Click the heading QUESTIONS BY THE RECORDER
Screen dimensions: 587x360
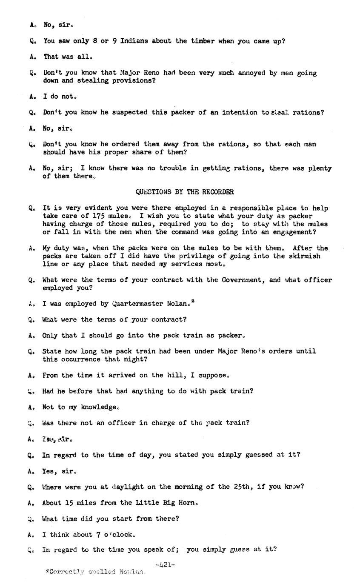[185, 192]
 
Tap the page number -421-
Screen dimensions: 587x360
[165, 565]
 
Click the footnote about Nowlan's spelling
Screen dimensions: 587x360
[96, 572]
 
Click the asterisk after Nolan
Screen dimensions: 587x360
[193, 302]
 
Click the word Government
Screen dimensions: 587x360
[244, 280]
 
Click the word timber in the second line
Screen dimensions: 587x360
[202, 41]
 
